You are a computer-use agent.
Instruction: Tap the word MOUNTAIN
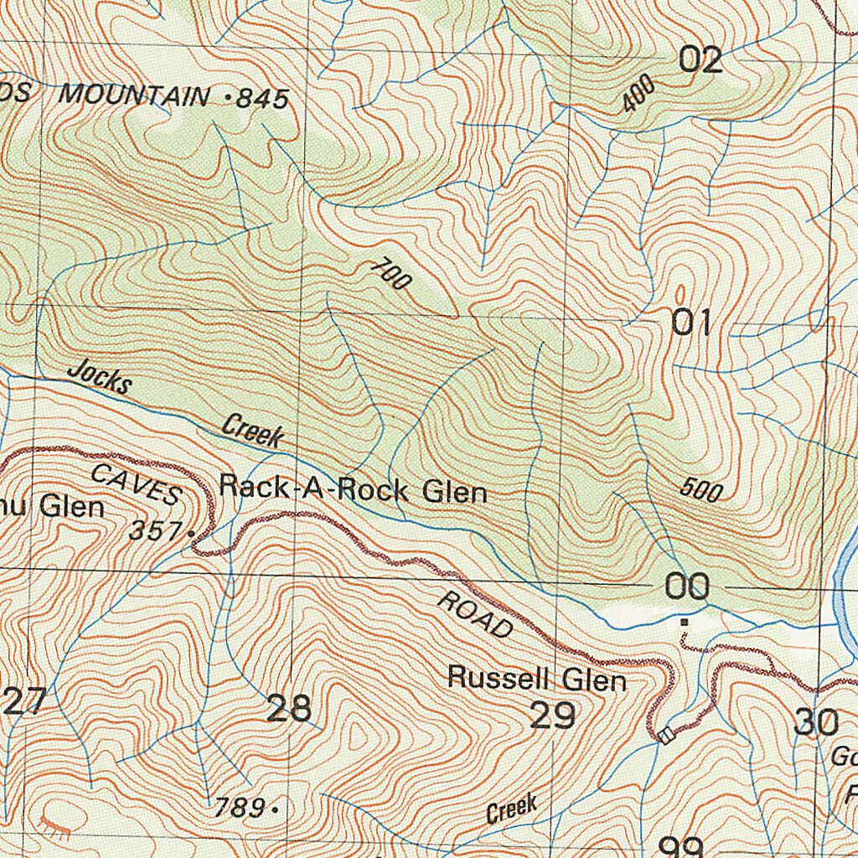click(x=133, y=95)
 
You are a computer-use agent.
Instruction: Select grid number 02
click(x=700, y=60)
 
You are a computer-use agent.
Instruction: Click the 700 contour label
click(x=390, y=274)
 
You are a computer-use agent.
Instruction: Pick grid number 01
click(x=692, y=323)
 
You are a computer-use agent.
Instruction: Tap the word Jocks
click(x=100, y=378)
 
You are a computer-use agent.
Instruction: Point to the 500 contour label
click(x=700, y=489)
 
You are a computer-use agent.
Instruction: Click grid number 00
click(x=687, y=587)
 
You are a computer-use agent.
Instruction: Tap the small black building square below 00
click(x=685, y=623)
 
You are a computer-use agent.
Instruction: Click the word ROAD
click(x=474, y=615)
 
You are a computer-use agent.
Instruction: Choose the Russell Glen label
click(x=536, y=678)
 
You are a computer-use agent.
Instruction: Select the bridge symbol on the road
click(x=666, y=736)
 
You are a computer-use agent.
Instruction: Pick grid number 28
click(x=289, y=709)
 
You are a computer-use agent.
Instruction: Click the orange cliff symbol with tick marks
click(x=55, y=829)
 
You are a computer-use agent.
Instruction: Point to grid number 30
click(x=815, y=721)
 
